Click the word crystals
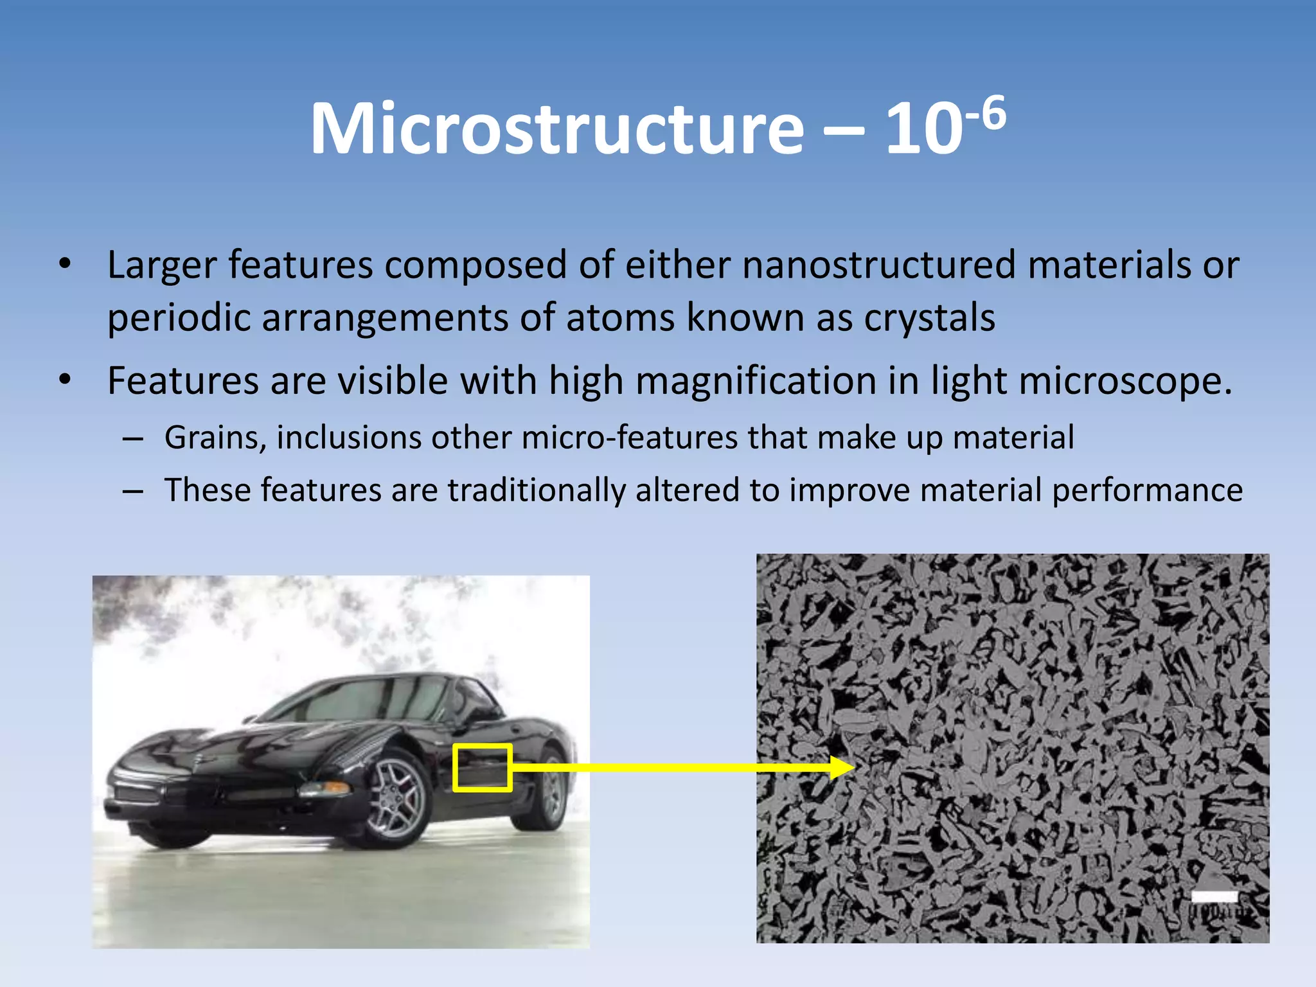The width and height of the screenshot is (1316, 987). coord(929,317)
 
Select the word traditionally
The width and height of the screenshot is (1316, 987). coord(537,490)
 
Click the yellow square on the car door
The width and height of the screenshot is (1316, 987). coord(483,767)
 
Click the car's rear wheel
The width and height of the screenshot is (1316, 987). coord(549,790)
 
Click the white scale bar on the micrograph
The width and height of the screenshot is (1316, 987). coord(1214,896)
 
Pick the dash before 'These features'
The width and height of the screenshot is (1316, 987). coord(133,492)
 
